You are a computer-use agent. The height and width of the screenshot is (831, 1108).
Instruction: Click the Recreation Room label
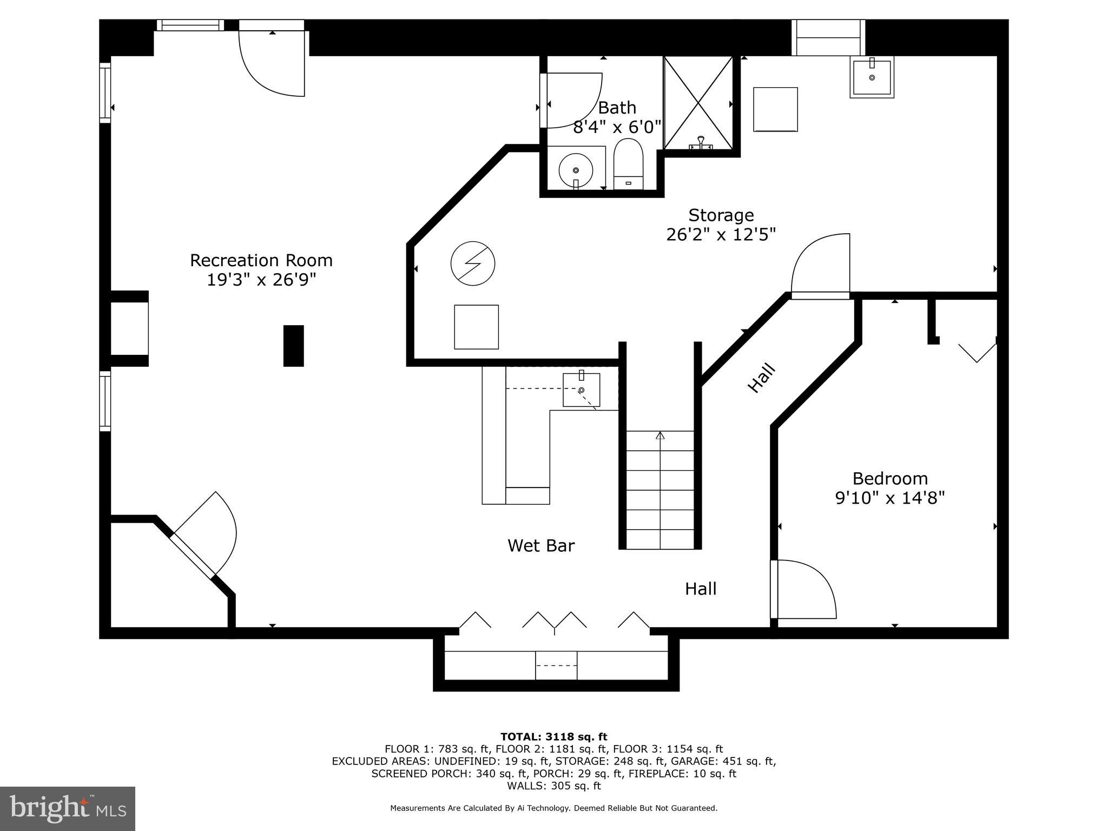[x=261, y=260]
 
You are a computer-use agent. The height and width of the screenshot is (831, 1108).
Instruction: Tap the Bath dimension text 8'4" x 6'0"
[x=617, y=127]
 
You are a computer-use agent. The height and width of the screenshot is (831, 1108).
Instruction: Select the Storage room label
[x=721, y=215]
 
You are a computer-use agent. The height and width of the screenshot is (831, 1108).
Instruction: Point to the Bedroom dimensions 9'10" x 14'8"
[x=889, y=498]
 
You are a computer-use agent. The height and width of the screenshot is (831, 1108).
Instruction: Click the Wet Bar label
[x=540, y=545]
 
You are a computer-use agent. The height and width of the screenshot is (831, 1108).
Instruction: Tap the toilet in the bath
[x=628, y=162]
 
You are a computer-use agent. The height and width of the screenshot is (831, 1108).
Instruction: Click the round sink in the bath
[x=575, y=170]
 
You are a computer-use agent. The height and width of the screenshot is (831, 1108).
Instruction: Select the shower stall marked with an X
[x=698, y=103]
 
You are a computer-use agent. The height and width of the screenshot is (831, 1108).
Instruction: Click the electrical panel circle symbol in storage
[x=473, y=263]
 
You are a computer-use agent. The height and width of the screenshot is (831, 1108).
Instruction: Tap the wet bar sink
[x=581, y=390]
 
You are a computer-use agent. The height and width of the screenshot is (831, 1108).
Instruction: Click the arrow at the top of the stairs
[x=659, y=436]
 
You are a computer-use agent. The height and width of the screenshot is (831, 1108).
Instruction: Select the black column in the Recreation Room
[x=293, y=346]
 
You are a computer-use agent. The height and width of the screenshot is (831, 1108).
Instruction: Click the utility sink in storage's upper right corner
[x=871, y=77]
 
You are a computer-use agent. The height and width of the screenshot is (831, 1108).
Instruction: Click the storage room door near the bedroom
[x=820, y=265]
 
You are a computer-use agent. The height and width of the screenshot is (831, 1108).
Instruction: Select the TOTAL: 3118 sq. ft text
[x=553, y=736]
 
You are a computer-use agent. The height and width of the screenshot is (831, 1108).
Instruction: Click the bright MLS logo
[x=68, y=809]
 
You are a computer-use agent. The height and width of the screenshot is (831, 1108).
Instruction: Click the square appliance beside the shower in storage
[x=775, y=109]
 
